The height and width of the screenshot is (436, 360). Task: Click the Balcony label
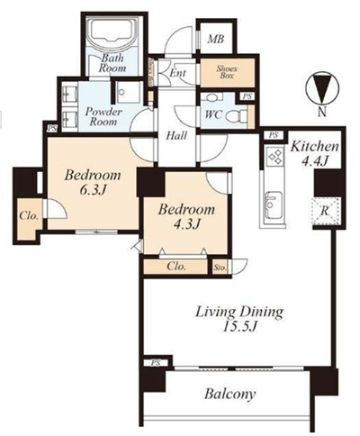tap(230, 394)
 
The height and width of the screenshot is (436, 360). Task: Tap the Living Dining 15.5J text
tap(239, 319)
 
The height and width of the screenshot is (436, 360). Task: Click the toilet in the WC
tap(237, 115)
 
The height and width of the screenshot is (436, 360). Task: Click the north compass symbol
tap(322, 88)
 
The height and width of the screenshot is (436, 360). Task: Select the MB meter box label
tap(216, 39)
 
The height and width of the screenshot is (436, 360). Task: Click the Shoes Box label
tap(227, 72)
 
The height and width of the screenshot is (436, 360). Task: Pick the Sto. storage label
tap(220, 268)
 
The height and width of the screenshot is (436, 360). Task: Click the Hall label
tap(176, 136)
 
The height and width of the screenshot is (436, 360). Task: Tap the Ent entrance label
tap(178, 73)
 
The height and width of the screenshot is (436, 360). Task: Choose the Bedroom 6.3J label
tap(93, 182)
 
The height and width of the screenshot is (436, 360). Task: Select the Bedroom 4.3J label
tap(186, 216)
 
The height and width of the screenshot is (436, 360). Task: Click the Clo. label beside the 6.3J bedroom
tap(29, 215)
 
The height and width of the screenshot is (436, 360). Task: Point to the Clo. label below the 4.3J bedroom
tap(176, 267)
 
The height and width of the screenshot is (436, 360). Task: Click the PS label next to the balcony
tap(156, 363)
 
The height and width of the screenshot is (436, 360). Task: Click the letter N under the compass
tap(322, 113)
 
